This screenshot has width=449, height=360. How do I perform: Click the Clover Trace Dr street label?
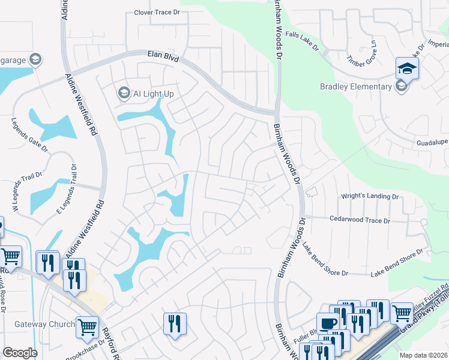[157, 12]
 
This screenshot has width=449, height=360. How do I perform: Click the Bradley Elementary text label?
[355, 87]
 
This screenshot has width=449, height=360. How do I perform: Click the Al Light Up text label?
[153, 94]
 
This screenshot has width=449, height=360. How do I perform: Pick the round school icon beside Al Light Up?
[124, 93]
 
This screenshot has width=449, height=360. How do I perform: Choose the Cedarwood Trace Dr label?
[360, 220]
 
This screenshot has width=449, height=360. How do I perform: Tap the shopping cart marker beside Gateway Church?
[87, 327]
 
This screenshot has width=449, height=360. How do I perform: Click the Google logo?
[20, 353]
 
